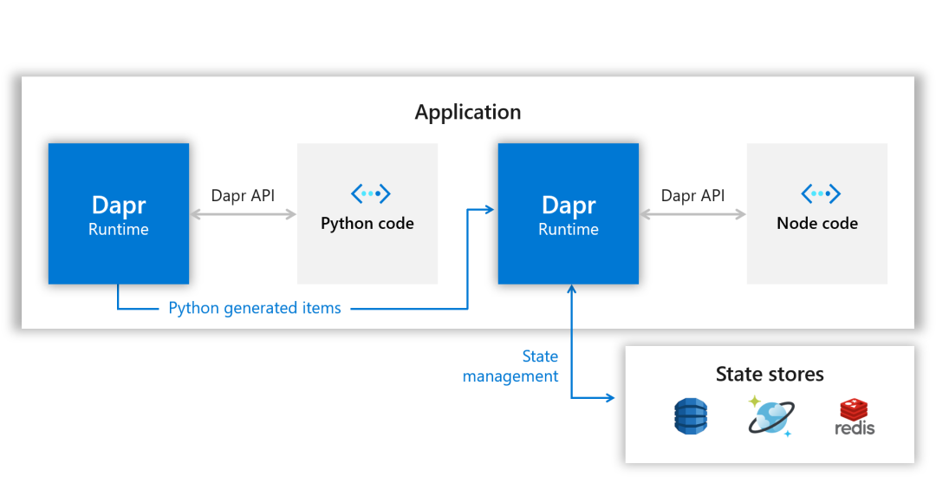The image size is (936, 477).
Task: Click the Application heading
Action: pos(468,113)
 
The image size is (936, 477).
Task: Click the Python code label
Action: pos(367,224)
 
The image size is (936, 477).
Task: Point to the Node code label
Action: pos(817,224)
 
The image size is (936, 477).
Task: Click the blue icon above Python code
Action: pos(370,193)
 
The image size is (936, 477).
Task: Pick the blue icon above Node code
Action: pos(820,193)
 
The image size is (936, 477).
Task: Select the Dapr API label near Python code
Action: pos(243,196)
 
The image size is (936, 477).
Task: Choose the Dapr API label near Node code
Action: pos(692,196)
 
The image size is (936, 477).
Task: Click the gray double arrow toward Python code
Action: pos(243,214)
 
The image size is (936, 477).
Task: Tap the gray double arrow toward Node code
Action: pos(692,214)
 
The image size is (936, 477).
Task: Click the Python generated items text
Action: pos(255,308)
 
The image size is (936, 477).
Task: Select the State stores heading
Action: pos(770,375)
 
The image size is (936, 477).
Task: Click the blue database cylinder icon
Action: pos(691,416)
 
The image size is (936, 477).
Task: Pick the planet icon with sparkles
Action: pos(770,416)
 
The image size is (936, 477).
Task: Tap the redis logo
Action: pos(855,417)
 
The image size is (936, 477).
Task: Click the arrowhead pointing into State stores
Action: pos(610,398)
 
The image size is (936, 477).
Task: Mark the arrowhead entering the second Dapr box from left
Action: pos(490,209)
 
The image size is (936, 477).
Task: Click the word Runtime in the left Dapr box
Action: pos(119,230)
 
